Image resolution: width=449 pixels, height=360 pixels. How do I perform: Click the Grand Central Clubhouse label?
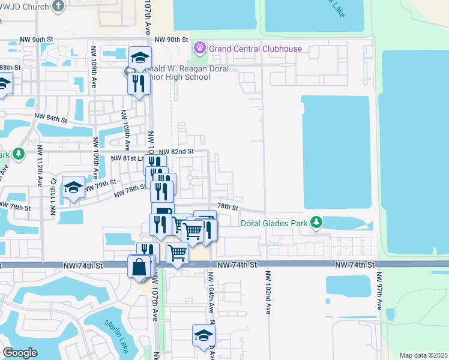tap(255, 49)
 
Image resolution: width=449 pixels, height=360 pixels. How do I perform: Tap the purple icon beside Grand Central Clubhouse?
tap(200, 47)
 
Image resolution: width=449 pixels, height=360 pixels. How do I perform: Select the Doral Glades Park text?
tap(274, 224)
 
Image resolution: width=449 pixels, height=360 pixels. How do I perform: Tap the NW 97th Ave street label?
tap(379, 292)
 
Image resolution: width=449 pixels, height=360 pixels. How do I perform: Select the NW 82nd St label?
tap(176, 152)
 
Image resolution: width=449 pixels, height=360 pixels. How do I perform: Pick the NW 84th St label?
tap(50, 118)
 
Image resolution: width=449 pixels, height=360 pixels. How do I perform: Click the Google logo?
tap(20, 353)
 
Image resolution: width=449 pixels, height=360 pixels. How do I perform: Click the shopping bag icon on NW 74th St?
tap(139, 267)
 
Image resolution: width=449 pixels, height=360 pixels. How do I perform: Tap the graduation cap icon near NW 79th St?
tap(73, 188)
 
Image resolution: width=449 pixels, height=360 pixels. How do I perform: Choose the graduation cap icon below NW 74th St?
tap(203, 335)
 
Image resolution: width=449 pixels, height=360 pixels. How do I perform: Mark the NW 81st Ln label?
tap(128, 158)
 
